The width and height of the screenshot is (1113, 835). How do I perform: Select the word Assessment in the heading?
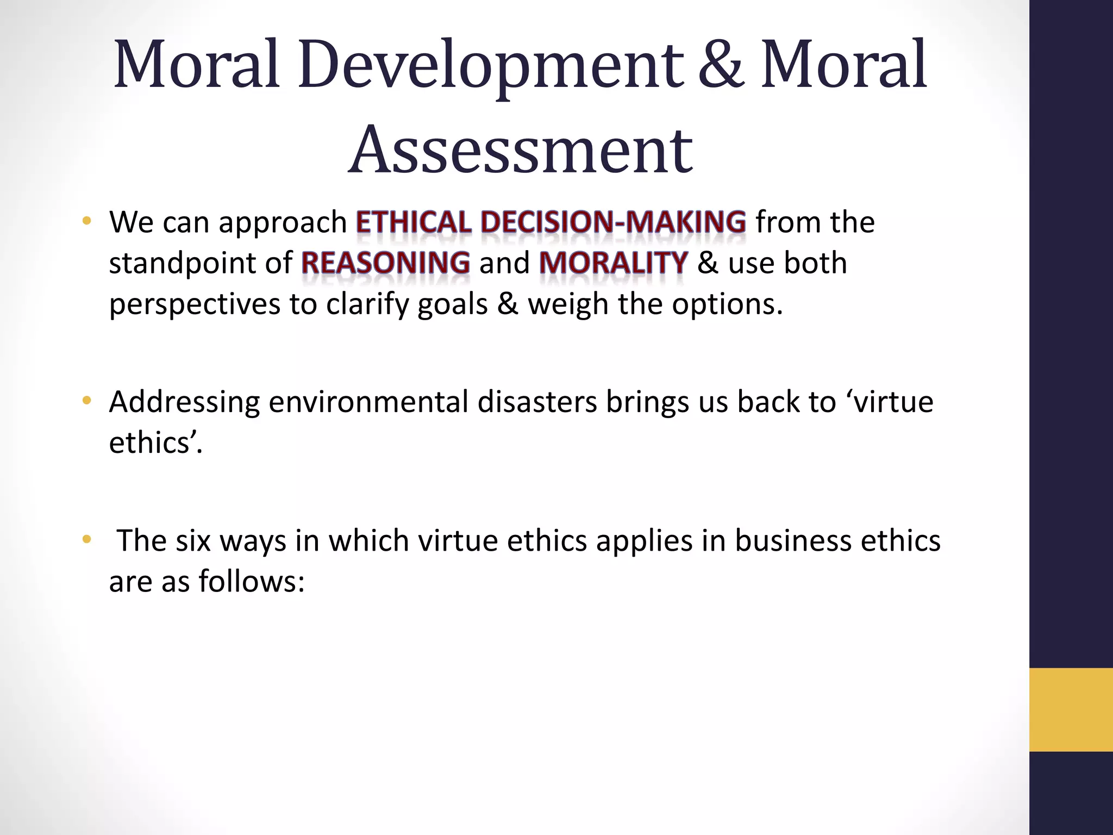pyautogui.click(x=520, y=150)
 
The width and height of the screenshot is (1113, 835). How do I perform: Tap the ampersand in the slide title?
pyautogui.click(x=721, y=65)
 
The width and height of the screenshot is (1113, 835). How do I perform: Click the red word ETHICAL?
pyautogui.click(x=414, y=222)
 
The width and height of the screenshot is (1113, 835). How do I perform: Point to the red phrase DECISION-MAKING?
pyautogui.click(x=613, y=222)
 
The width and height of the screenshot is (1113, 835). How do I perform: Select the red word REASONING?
pyautogui.click(x=385, y=263)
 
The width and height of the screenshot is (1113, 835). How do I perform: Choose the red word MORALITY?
pyautogui.click(x=614, y=263)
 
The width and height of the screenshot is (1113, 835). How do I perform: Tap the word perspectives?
pyautogui.click(x=195, y=304)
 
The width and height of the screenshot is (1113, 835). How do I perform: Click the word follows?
pyautogui.click(x=251, y=582)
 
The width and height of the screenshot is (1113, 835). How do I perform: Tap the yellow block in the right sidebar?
pyautogui.click(x=1071, y=709)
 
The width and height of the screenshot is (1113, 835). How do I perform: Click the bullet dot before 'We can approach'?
pyautogui.click(x=86, y=221)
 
